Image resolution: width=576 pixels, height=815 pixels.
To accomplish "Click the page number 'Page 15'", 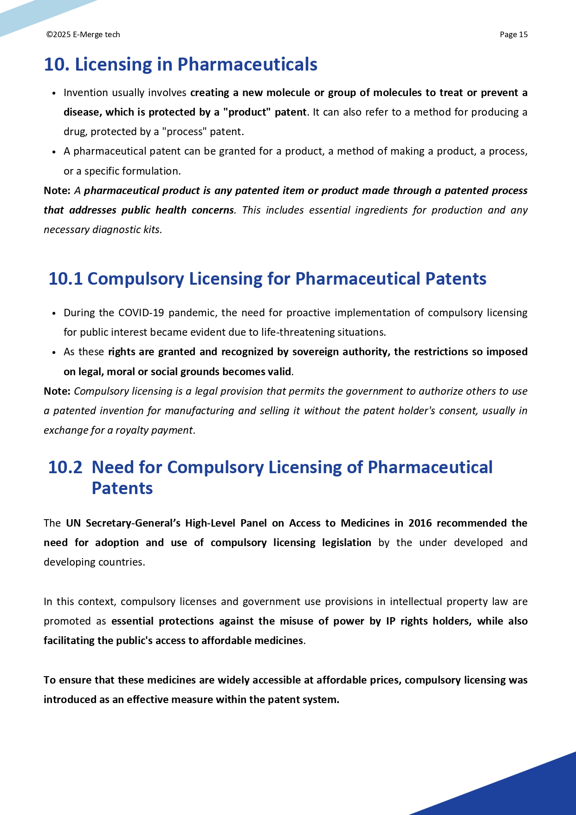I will click(x=513, y=34).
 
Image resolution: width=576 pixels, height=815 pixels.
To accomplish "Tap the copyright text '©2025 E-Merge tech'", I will click(x=83, y=34).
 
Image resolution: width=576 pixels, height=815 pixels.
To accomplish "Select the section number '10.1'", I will click(x=65, y=279).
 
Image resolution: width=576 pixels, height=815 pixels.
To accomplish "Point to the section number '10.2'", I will click(x=65, y=467).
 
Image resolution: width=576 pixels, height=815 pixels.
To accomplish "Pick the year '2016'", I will click(x=420, y=523).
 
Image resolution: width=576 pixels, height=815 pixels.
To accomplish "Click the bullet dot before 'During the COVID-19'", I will click(x=54, y=313).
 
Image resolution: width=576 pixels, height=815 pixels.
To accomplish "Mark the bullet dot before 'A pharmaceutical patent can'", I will click(x=54, y=151).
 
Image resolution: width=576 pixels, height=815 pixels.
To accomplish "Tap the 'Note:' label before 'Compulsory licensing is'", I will click(x=57, y=391).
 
